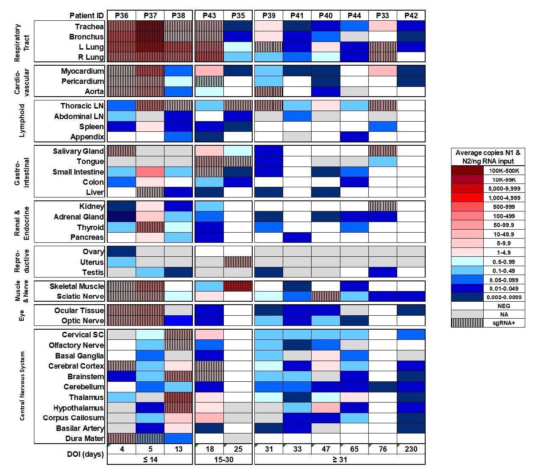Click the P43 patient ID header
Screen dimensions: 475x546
pos(209,16)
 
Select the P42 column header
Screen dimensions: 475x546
pos(411,16)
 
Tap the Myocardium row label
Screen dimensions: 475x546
pos(82,71)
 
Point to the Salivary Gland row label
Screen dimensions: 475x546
pos(78,151)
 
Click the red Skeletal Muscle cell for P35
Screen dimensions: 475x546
pos(238,286)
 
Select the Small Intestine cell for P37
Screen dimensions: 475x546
pos(150,172)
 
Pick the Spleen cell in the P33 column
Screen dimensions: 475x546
pos(382,127)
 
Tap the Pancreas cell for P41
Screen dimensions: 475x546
pos(297,237)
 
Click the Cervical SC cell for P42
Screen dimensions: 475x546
pos(411,335)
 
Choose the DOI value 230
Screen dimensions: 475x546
pos(411,449)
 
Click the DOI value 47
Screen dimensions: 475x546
pos(326,449)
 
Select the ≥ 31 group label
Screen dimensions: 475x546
pos(340,460)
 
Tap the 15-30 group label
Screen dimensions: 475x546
pos(223,460)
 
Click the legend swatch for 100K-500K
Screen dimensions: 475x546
pos(467,171)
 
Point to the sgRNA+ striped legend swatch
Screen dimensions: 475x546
pos(467,323)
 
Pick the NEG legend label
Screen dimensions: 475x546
pos(504,306)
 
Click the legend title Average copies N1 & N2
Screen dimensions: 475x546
pos(488,157)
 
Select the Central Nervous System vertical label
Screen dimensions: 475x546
pos(22,386)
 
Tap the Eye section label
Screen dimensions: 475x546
pos(22,315)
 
